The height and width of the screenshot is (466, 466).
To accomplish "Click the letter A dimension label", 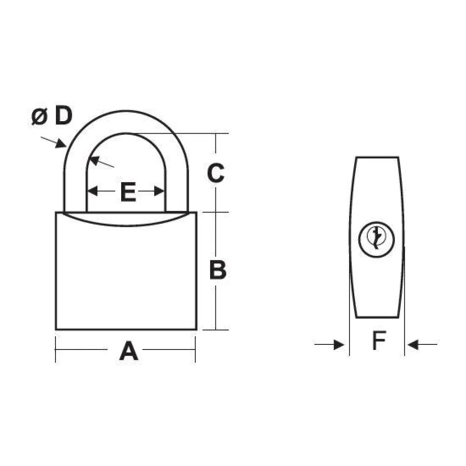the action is coord(129,351).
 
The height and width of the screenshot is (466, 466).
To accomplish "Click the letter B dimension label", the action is coord(218,269).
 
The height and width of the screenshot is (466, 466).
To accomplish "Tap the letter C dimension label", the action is coord(216,173).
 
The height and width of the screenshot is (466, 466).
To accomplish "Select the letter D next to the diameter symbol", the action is coord(63,116).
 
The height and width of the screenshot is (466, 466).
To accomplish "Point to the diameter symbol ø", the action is coord(39,117).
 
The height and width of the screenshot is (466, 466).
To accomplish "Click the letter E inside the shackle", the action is coord(128,192).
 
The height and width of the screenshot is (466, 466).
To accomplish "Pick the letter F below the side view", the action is coord(379,340).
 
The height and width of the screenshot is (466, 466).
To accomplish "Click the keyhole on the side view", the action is coord(377,240).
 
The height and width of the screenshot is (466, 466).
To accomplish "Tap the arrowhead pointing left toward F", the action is coord(413,345).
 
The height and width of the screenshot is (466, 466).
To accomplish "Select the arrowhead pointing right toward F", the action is coord(339,345).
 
